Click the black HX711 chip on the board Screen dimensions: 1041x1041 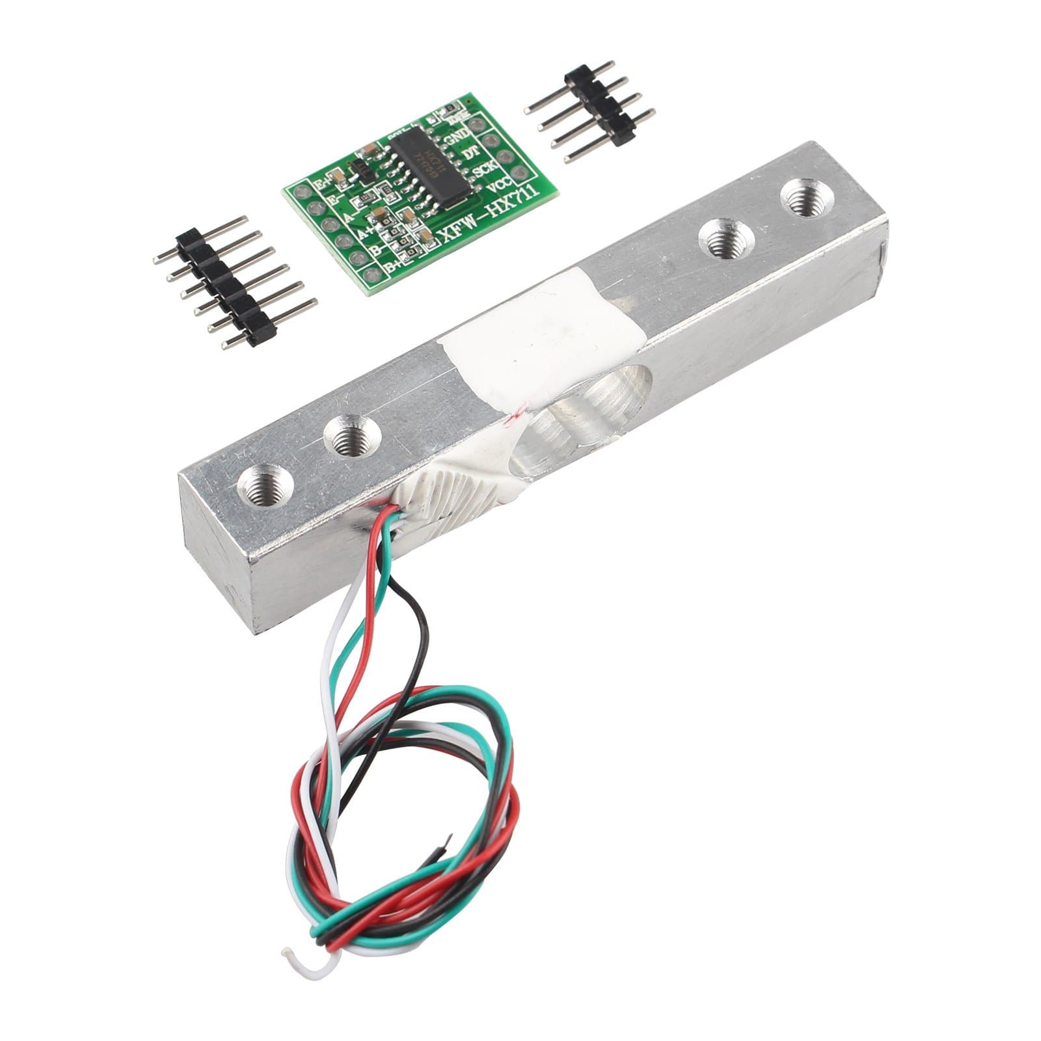[426, 167]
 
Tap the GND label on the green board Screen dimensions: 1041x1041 [455, 137]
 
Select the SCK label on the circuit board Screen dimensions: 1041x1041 [485, 170]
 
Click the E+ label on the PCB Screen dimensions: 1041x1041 [323, 185]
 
